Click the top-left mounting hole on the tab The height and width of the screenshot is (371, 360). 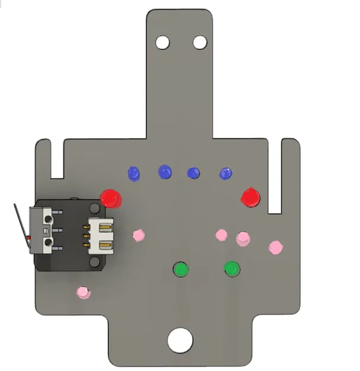coord(162,43)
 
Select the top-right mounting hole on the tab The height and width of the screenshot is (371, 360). coord(200,43)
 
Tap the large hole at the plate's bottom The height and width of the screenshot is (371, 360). coord(180,340)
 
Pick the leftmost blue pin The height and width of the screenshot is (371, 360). coord(135,174)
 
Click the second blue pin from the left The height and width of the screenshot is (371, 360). coord(164,172)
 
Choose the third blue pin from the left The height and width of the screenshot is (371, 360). coord(193,173)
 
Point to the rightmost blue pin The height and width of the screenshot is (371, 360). coord(226,173)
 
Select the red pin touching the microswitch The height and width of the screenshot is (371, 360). coord(110,198)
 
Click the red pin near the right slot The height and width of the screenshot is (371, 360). coord(250,197)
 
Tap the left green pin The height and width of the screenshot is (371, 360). coord(180,269)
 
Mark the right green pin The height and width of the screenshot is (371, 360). coord(232,269)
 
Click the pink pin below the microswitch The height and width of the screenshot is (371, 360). coord(83,292)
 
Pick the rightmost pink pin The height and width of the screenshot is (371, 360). coord(275,247)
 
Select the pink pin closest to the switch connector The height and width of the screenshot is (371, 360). coord(139,235)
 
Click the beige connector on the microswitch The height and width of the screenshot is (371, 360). coord(100,236)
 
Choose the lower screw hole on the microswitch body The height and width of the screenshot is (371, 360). coord(49,243)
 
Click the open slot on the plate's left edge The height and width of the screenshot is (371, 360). coord(57,160)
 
